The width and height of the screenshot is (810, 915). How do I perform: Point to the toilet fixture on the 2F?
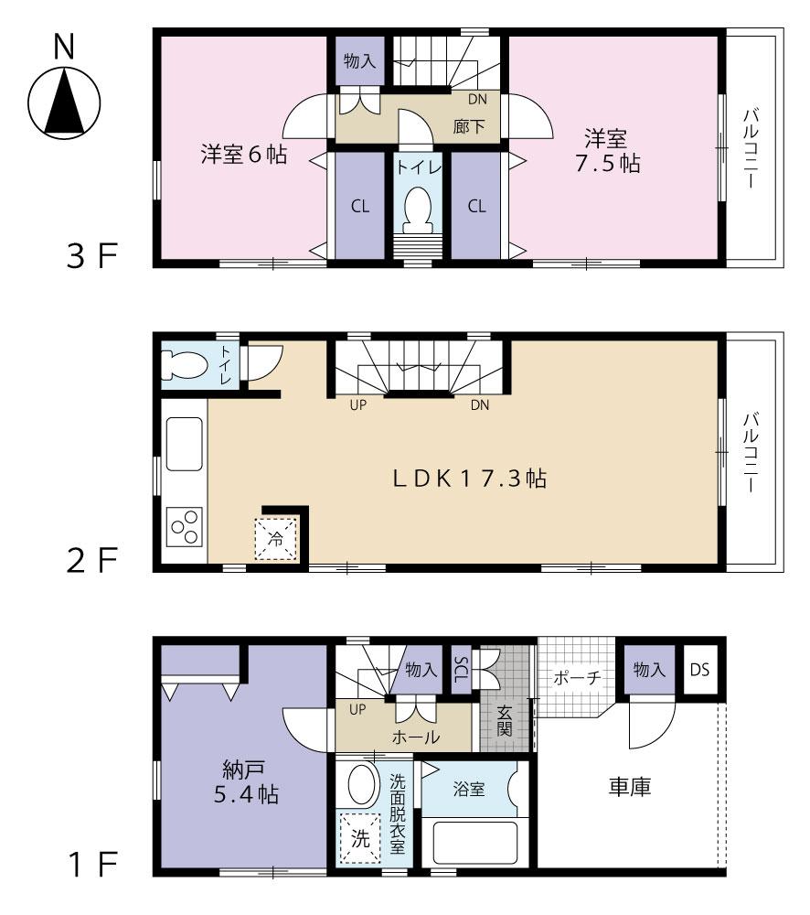coord(183,364)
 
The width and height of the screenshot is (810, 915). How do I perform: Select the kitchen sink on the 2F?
coord(184,445)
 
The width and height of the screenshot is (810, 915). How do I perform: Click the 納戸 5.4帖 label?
coord(242,780)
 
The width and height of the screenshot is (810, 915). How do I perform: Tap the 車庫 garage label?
coord(630,787)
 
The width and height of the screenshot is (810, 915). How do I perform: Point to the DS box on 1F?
coord(699,670)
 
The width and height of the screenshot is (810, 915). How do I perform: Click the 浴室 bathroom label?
coord(468,788)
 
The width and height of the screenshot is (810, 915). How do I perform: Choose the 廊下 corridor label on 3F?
coord(469,127)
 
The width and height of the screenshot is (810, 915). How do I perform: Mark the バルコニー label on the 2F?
coord(750,453)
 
